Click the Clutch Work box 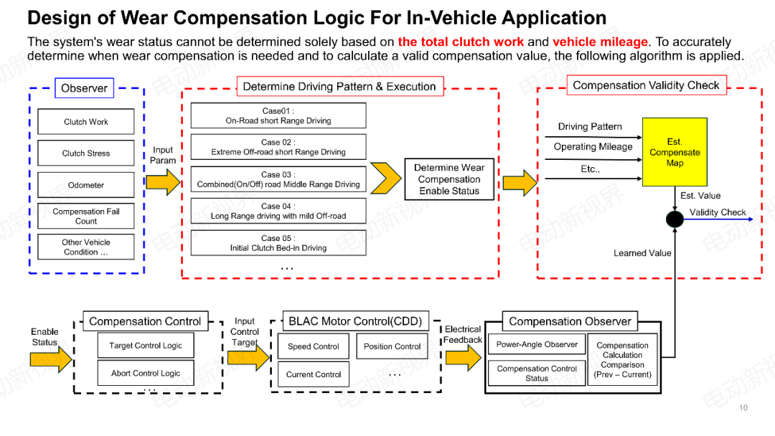click(86, 122)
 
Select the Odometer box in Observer click(86, 185)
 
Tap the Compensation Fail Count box click(86, 217)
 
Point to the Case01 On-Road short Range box click(278, 116)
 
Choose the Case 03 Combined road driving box click(278, 179)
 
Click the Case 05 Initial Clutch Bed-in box click(278, 243)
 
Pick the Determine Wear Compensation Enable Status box click(449, 179)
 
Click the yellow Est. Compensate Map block click(675, 152)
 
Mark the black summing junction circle click(675, 219)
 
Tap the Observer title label click(84, 88)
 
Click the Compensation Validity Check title click(646, 85)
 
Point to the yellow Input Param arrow click(164, 182)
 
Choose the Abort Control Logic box click(146, 373)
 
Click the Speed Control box click(314, 346)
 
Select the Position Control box click(393, 346)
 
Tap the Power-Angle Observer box click(537, 345)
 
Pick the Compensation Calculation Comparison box click(622, 360)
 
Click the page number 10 click(743, 408)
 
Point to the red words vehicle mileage click(600, 42)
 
